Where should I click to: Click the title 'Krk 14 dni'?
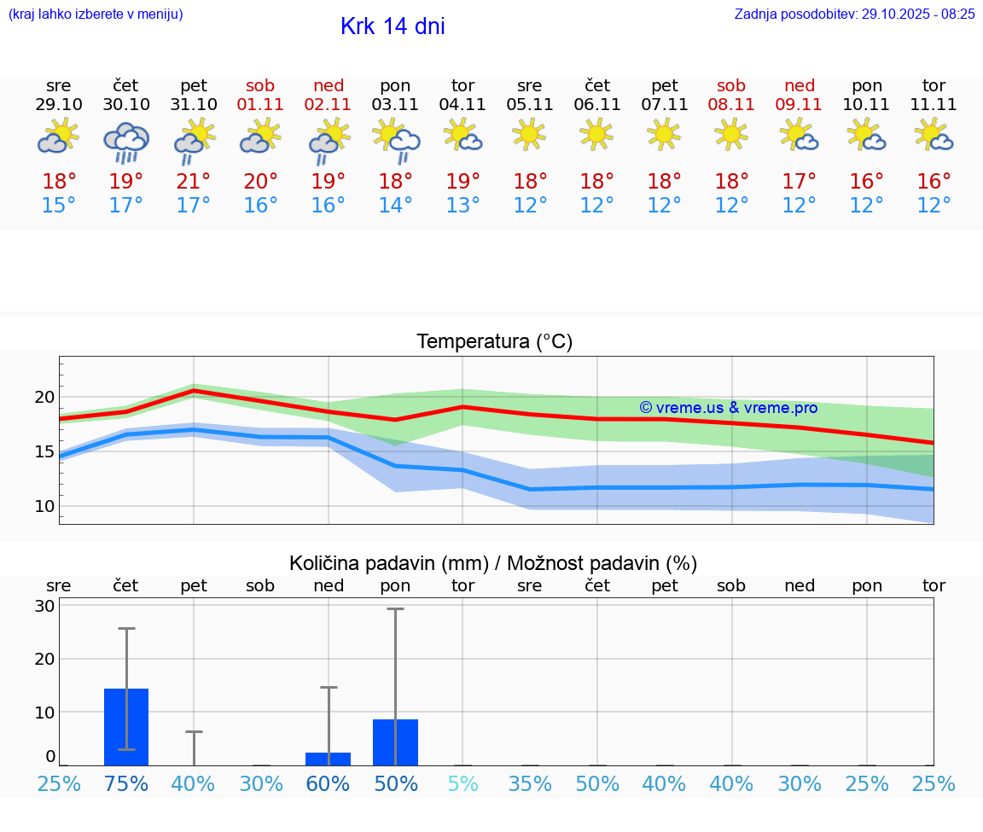[393, 26]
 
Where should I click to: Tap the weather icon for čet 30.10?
[126, 143]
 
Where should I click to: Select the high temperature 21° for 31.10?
[194, 182]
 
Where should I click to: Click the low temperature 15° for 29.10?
[59, 206]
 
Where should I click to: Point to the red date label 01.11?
[260, 105]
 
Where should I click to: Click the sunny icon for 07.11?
[664, 133]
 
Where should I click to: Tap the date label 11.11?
[934, 105]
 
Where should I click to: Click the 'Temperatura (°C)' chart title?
[494, 342]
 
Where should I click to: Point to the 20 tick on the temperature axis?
[44, 397]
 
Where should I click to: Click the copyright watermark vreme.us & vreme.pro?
[728, 408]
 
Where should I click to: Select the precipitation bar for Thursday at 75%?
[126, 727]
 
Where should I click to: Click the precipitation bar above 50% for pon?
[395, 742]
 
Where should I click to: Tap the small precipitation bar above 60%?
[329, 759]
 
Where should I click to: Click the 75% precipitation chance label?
[126, 783]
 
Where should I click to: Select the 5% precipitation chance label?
[462, 783]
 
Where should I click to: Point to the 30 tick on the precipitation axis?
[44, 606]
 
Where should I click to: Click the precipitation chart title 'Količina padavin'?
[493, 563]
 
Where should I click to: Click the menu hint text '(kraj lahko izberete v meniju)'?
[96, 14]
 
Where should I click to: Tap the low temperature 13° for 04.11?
[462, 206]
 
